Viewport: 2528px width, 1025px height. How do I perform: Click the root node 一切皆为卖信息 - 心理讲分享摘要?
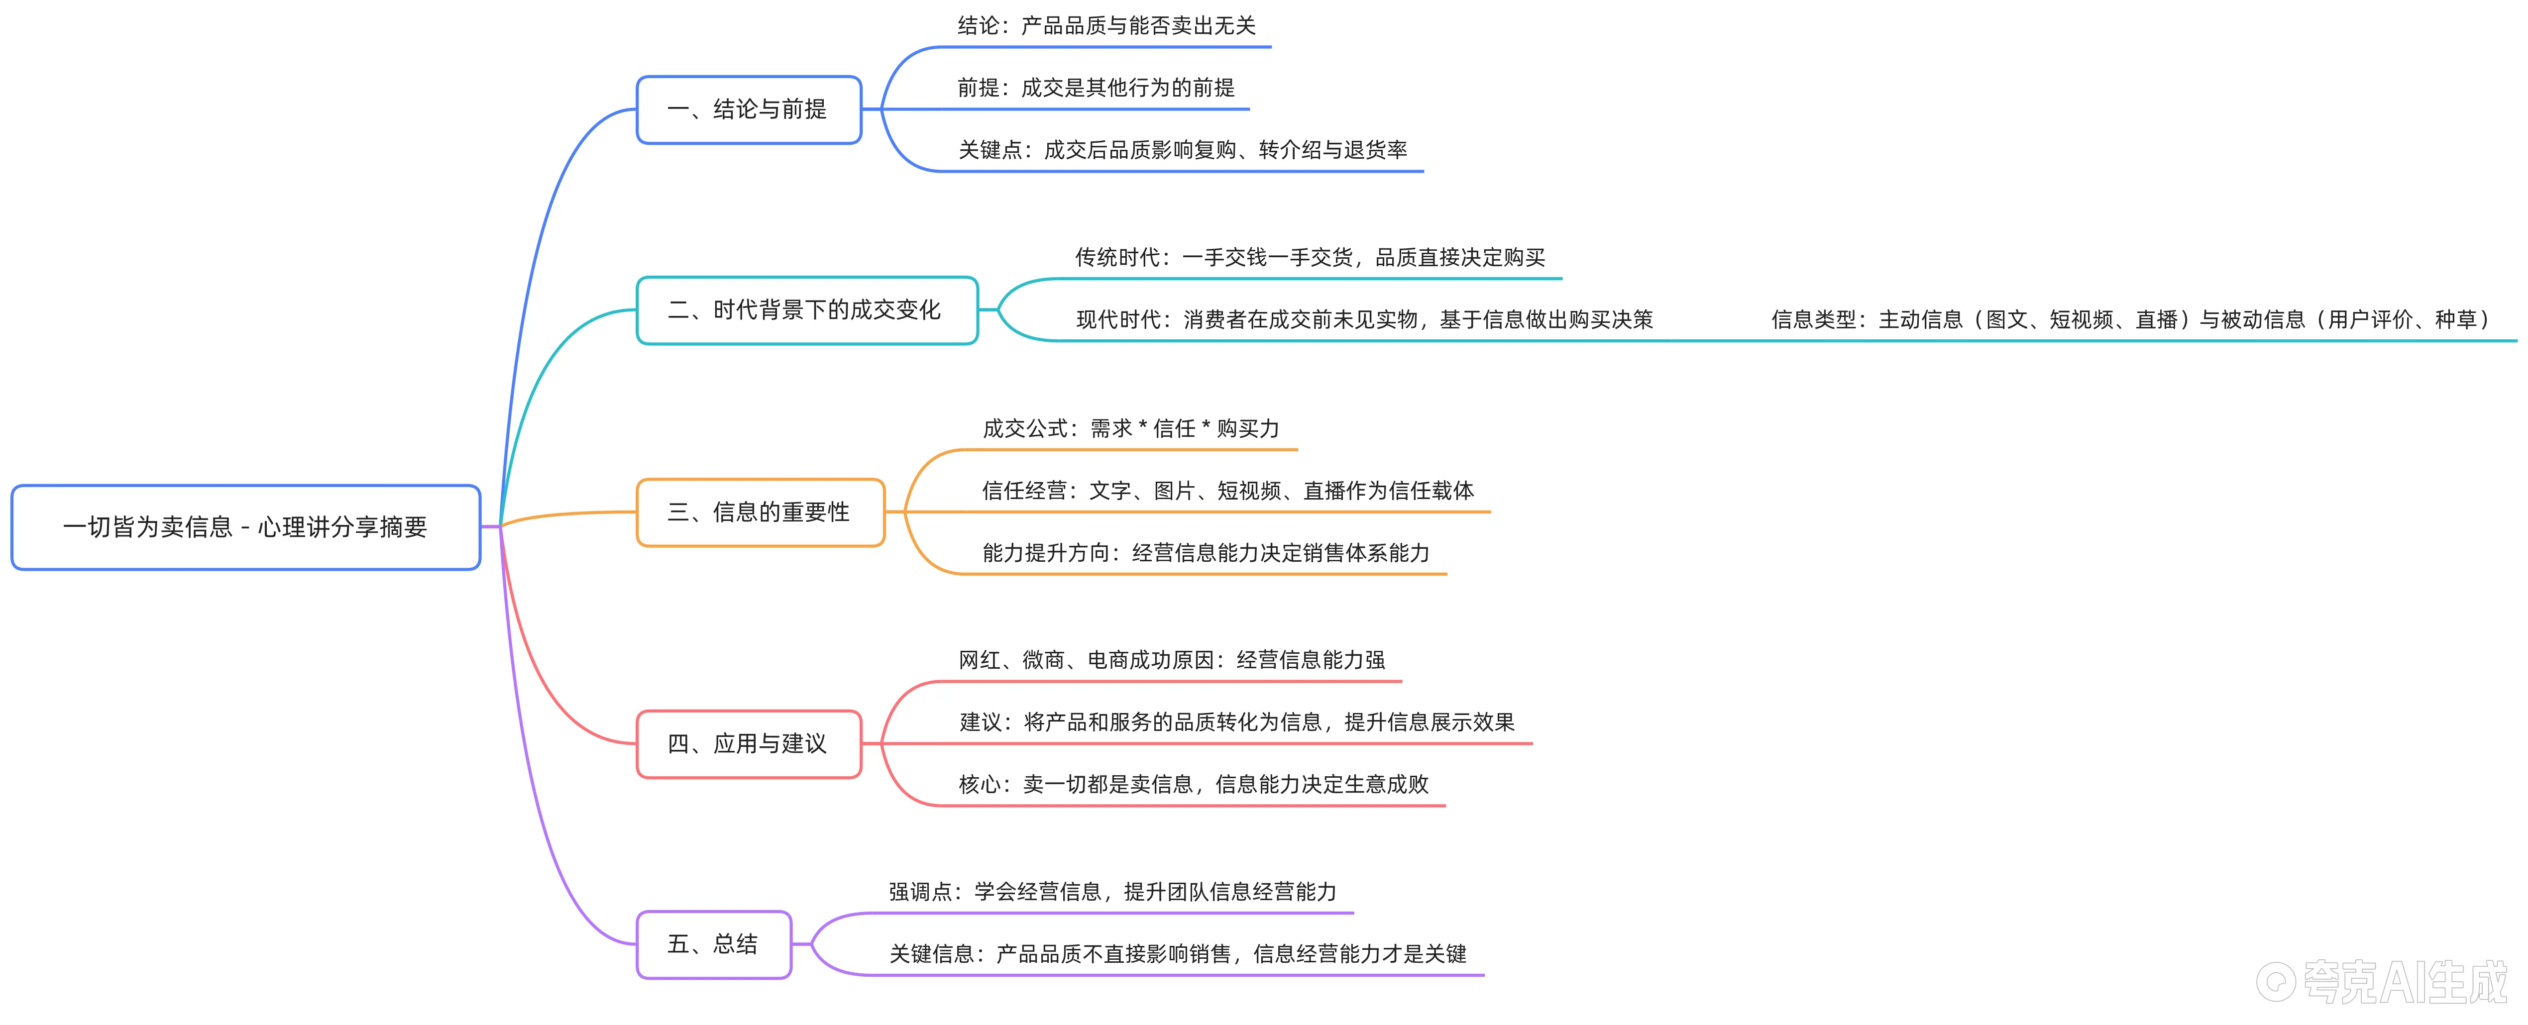coord(245,527)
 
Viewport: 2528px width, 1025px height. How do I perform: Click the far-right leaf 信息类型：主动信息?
coord(2130,320)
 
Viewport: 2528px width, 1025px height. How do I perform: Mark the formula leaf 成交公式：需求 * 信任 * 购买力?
coord(1130,428)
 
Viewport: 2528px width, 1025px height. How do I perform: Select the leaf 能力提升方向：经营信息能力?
coord(1205,553)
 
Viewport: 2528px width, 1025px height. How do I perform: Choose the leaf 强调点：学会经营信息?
coord(1112,892)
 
